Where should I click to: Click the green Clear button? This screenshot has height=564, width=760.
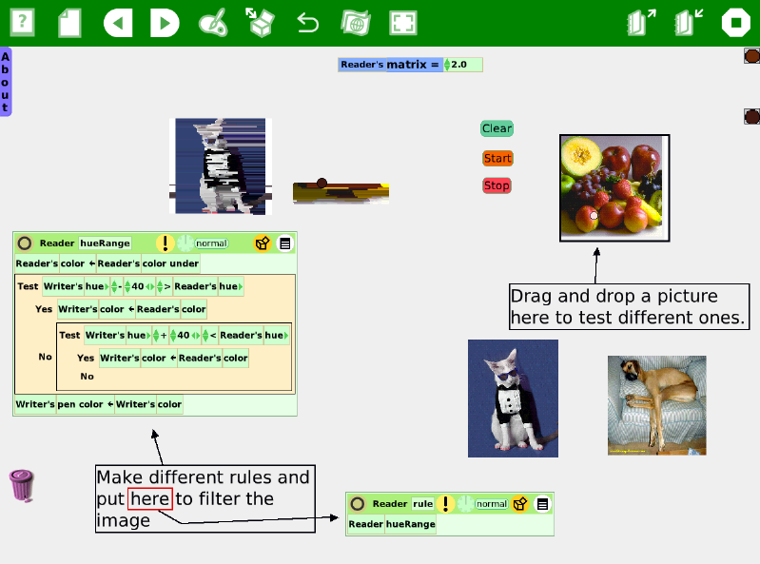497,128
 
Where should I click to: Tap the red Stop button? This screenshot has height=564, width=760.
497,185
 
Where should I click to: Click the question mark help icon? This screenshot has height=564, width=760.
22,22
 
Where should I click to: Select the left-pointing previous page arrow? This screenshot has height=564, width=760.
118,23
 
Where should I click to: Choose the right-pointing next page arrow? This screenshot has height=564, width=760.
165,23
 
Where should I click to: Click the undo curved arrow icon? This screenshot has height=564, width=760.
308,23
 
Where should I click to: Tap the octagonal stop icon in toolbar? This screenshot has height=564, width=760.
736,23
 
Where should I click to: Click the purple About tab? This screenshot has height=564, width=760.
6,82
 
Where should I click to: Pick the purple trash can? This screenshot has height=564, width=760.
22,485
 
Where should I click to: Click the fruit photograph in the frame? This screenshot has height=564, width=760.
614,188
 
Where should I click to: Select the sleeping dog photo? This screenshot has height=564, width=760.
656,405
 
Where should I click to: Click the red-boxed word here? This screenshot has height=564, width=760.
150,499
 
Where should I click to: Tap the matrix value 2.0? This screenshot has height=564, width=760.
458,65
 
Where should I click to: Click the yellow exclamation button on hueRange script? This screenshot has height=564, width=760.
166,243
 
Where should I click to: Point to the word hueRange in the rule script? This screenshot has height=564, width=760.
411,524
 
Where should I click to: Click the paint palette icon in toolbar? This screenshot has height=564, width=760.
213,23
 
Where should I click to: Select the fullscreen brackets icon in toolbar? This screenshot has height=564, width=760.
402,23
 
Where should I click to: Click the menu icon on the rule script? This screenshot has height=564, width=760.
542,504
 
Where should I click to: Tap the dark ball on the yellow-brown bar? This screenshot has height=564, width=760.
322,183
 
